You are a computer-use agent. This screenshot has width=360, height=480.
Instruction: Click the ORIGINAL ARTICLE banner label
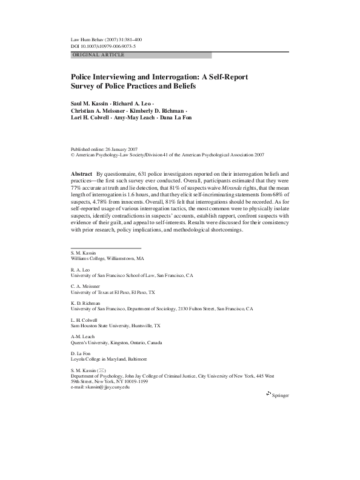98,55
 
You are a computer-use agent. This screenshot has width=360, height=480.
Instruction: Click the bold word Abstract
81,173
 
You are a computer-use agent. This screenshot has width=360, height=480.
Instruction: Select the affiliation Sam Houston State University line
115,325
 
